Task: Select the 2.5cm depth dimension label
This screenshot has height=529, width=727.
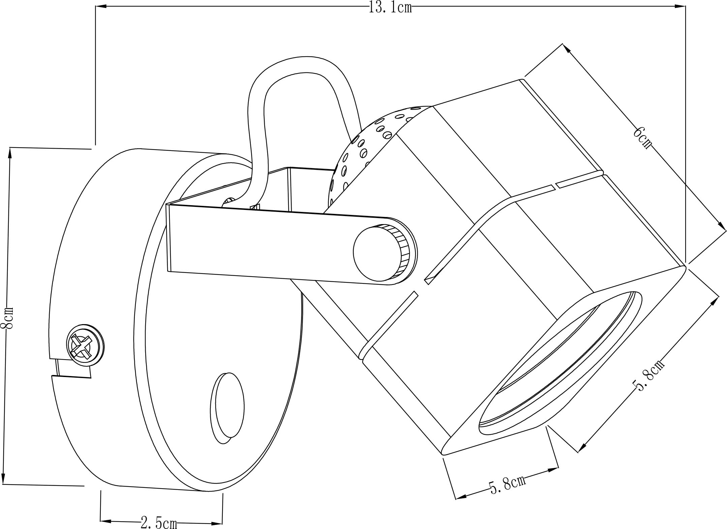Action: (x=159, y=523)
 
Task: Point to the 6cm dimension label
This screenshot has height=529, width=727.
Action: (x=642, y=137)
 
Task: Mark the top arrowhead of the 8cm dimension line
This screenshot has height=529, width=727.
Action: (x=10, y=153)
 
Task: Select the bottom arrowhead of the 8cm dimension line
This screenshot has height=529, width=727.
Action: (x=4, y=479)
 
